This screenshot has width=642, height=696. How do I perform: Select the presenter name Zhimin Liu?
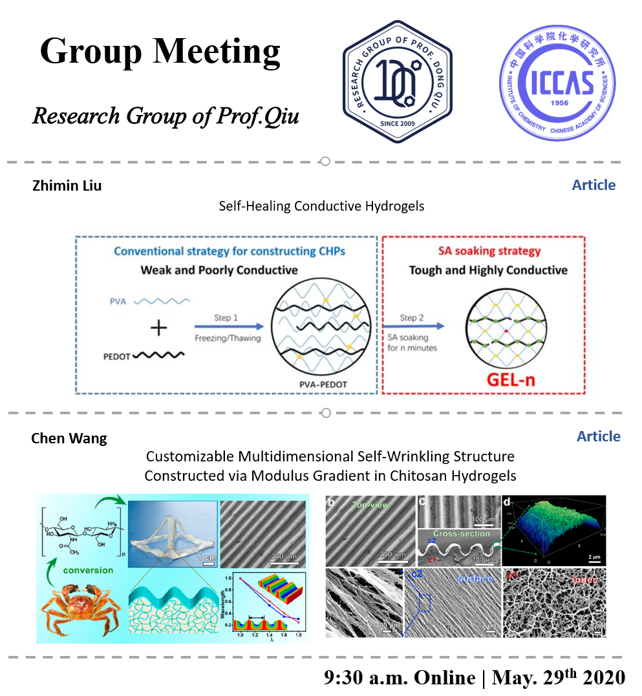coord(67,186)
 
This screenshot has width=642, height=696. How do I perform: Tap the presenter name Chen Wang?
coord(69,439)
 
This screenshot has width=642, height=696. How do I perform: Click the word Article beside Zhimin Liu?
coord(594,185)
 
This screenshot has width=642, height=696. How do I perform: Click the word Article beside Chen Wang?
coord(598,437)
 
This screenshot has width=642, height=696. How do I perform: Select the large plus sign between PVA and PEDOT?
coord(158,328)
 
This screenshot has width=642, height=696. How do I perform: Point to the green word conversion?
coord(89,571)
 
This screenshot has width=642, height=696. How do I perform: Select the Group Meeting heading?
coord(160,50)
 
